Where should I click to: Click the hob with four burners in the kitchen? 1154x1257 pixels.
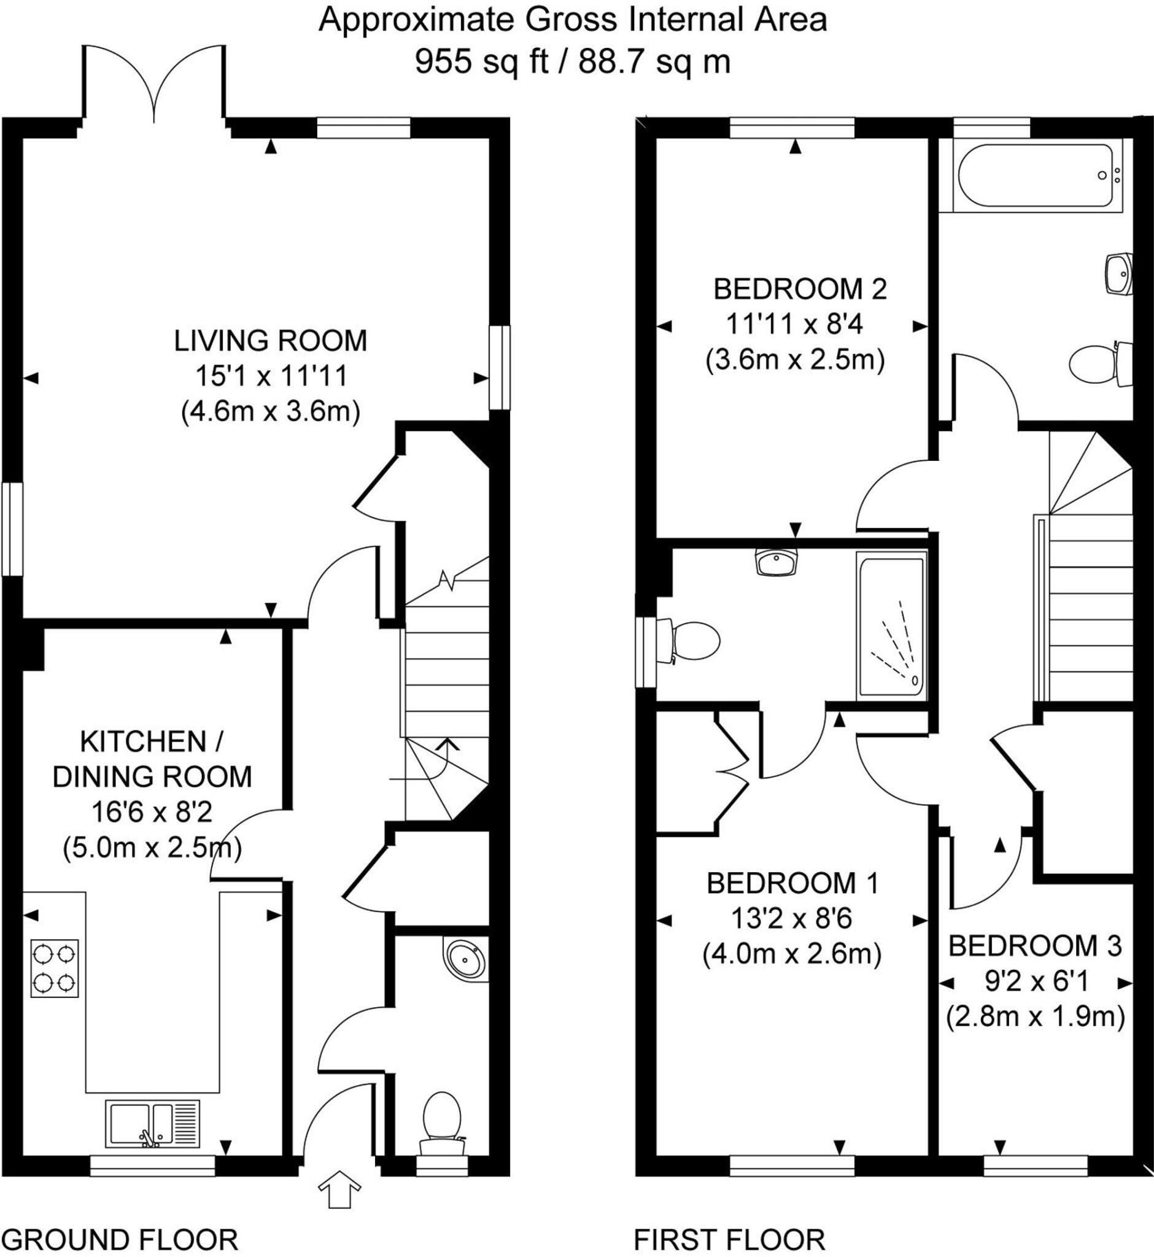pos(55,968)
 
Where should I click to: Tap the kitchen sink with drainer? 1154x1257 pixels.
pos(152,1124)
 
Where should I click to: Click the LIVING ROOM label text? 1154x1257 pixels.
pos(269,341)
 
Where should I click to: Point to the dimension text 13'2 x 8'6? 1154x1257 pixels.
pos(792,919)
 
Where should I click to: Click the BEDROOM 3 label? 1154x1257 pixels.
pos(1035,946)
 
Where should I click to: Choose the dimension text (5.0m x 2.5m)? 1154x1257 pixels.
pos(152,848)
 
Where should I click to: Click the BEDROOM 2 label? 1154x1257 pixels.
pos(800,289)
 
